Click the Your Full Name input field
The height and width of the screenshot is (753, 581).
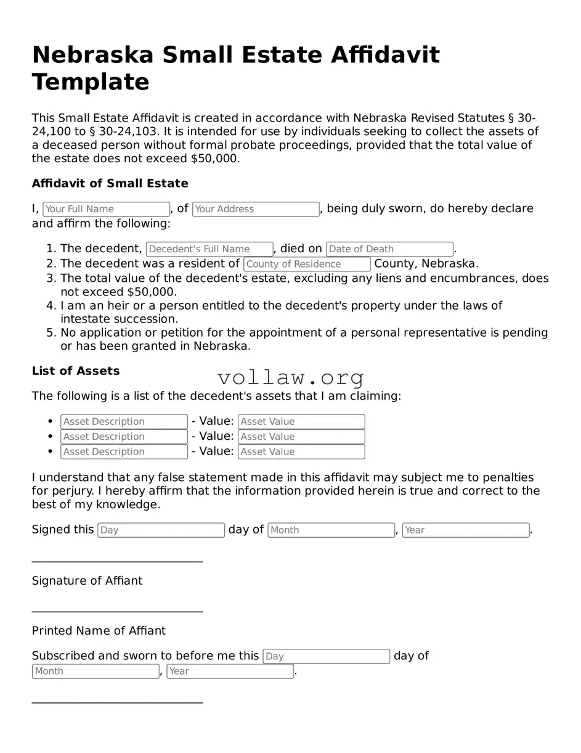pos(106,209)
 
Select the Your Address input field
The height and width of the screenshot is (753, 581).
pos(256,209)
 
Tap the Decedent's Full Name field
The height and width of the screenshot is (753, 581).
pos(209,249)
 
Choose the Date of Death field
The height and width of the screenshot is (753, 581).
pos(389,249)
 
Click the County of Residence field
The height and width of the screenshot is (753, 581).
pos(307,264)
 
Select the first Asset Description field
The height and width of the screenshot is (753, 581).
pos(124,422)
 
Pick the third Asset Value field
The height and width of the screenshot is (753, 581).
pos(301,451)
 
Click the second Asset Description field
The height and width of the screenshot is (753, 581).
pos(124,437)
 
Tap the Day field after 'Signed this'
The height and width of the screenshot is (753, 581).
pos(161,530)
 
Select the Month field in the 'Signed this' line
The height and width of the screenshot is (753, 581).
pos(331,530)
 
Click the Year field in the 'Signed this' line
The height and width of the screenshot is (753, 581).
pos(465,530)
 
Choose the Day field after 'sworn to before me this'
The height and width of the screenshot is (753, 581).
pos(326,656)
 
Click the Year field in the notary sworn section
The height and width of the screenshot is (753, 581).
pos(230,671)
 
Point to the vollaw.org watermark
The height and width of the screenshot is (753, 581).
pos(291,377)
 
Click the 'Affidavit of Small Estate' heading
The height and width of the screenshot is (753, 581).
pos(110,183)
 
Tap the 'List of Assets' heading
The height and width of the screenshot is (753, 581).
pos(76,371)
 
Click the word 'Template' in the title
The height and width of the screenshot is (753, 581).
pos(91,82)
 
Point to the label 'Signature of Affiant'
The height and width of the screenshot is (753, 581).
pos(87,581)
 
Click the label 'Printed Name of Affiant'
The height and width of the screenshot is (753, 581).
pos(99,631)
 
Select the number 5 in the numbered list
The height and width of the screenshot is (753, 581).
pos(51,333)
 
